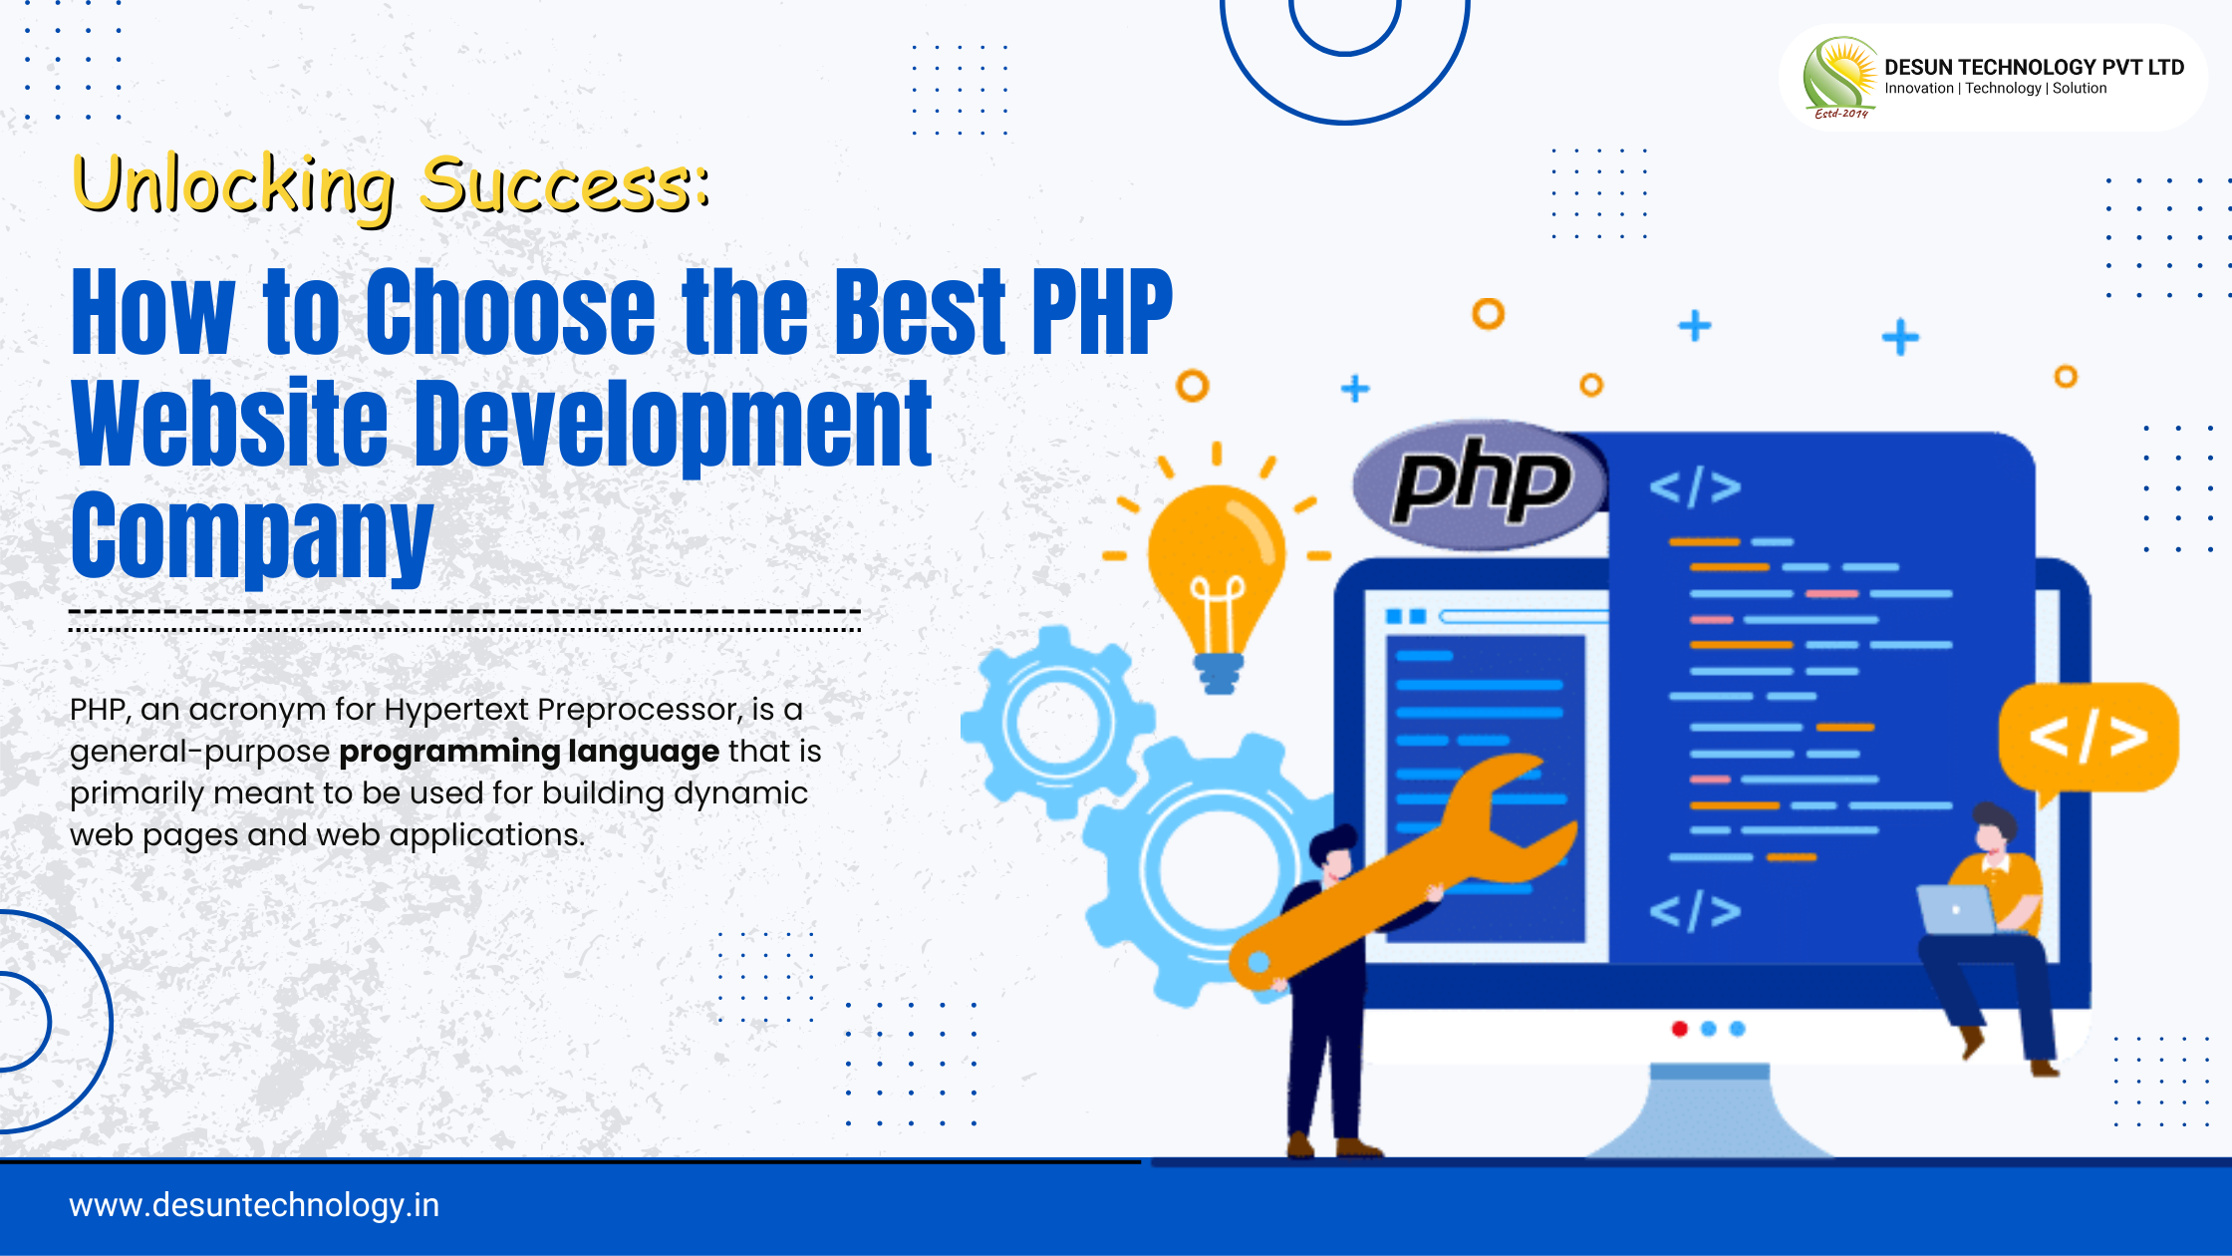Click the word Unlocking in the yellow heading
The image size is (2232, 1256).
pos(234,187)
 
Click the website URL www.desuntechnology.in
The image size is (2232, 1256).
pos(254,1205)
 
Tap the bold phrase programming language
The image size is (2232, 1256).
pos(529,752)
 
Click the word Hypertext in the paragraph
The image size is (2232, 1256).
pos(456,711)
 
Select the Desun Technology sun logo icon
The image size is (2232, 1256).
pos(1840,78)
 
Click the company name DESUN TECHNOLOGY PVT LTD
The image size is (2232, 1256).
pos(2034,67)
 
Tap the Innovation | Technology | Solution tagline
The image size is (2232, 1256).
pos(1995,89)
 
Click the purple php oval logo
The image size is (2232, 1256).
pos(1481,484)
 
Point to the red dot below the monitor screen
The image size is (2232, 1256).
pos(1680,1029)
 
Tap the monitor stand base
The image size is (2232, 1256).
pos(1710,1111)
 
